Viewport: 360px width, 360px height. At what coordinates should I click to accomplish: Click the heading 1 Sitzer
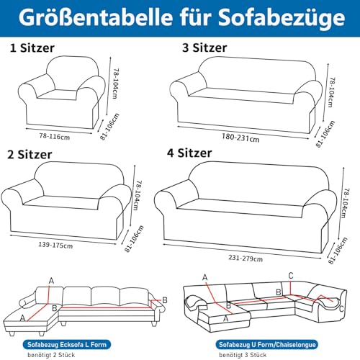[x=36, y=49]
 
